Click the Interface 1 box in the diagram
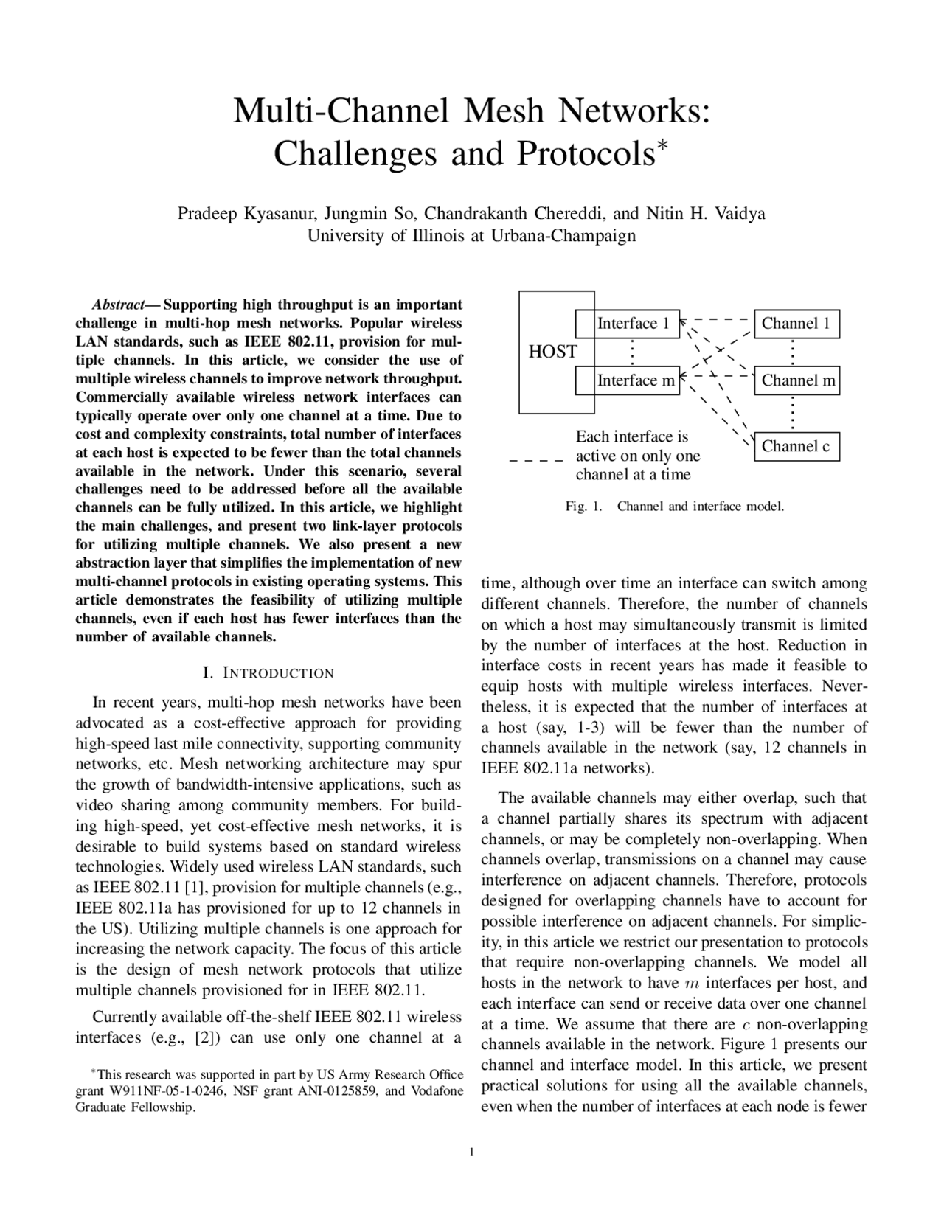[x=633, y=324]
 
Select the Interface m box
[x=635, y=380]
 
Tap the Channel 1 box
[x=796, y=324]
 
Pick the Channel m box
[x=797, y=380]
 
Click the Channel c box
[x=796, y=446]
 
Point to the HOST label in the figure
[x=552, y=352]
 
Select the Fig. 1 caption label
[x=583, y=507]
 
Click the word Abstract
[x=117, y=305]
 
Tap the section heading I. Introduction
[x=268, y=673]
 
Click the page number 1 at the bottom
[x=471, y=1152]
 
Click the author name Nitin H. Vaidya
[x=706, y=214]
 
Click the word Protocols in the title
[x=584, y=153]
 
